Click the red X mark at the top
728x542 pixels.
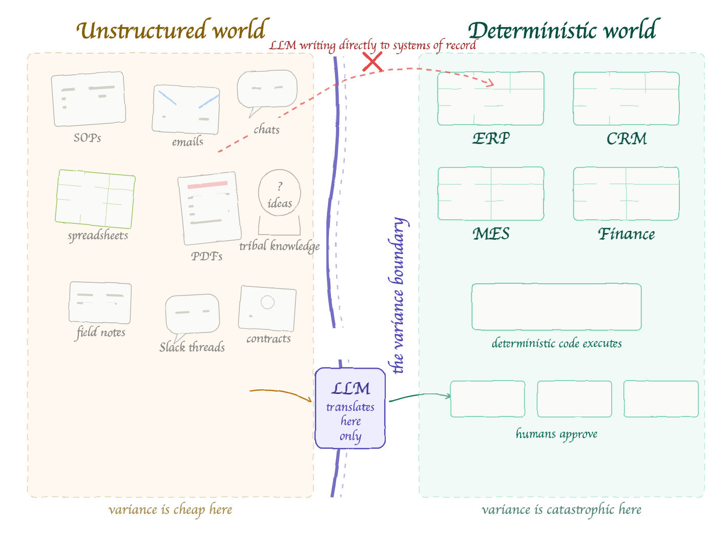[x=372, y=62]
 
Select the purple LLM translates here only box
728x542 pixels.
[x=350, y=408]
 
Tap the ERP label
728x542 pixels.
[x=491, y=139]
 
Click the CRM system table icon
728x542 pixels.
[x=626, y=99]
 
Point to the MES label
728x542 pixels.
[x=491, y=234]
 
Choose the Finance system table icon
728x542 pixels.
[x=626, y=194]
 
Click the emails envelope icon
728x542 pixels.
[x=186, y=109]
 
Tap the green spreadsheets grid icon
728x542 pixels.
[x=95, y=199]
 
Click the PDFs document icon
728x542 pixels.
[x=210, y=208]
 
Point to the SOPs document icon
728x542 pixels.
[x=89, y=99]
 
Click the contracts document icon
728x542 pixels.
[x=267, y=308]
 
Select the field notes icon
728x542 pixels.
[x=100, y=302]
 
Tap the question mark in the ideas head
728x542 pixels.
[x=280, y=186]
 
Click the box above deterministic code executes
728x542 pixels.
[x=556, y=307]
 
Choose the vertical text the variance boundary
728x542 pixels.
[x=398, y=296]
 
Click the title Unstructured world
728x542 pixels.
[x=173, y=30]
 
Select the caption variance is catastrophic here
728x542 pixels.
[x=561, y=510]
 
